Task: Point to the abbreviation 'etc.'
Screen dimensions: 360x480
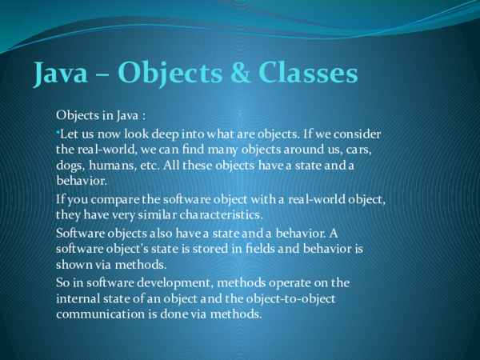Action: (161, 166)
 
